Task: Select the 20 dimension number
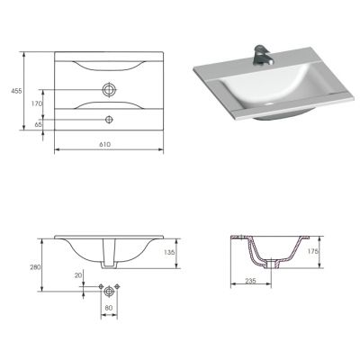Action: [79, 276]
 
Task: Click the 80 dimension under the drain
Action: [108, 309]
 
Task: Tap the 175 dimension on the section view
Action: [313, 251]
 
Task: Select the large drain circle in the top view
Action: [109, 90]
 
